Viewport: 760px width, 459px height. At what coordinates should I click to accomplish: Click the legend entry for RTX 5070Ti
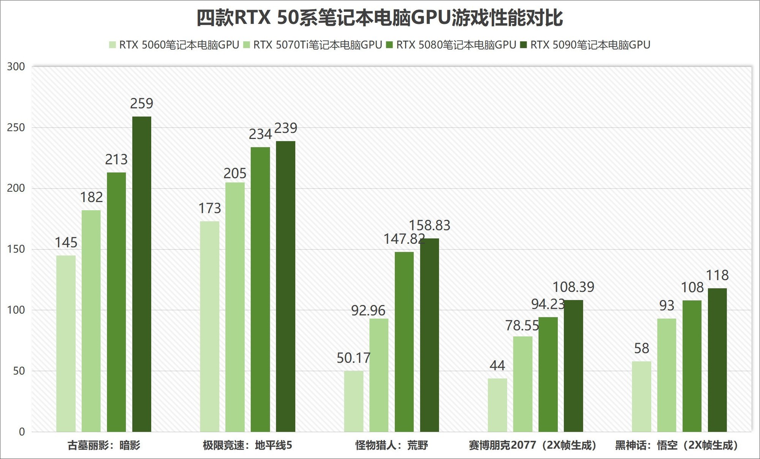[312, 45]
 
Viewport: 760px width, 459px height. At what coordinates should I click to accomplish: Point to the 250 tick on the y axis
[16, 128]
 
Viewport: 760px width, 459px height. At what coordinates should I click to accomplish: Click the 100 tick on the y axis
[16, 310]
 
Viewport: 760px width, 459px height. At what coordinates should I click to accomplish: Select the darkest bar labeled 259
[142, 273]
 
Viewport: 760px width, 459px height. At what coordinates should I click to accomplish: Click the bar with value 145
[66, 344]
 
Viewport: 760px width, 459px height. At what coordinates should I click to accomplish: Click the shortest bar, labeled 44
[497, 405]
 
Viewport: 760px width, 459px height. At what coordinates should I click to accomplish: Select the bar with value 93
[667, 375]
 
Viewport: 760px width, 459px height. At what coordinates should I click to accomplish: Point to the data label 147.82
[404, 239]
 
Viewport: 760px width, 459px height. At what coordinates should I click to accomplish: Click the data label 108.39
[573, 287]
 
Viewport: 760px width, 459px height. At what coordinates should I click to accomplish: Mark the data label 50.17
[353, 358]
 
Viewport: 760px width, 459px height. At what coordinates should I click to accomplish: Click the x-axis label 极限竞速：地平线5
[247, 445]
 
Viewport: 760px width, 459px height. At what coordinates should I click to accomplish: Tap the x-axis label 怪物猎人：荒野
[391, 445]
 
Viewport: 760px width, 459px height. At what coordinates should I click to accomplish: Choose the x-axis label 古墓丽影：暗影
[104, 445]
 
